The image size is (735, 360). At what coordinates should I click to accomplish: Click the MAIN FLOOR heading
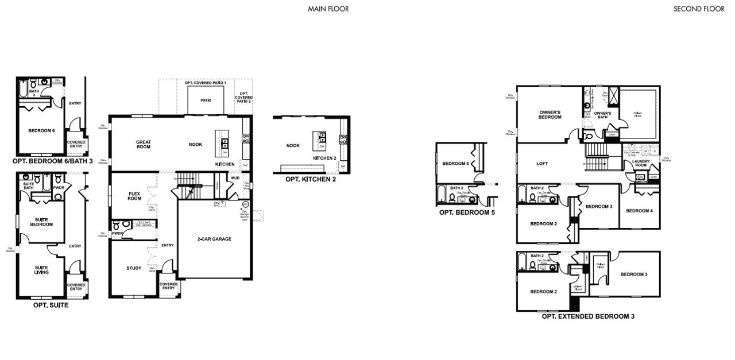(328, 9)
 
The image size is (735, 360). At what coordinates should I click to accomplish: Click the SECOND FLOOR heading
(699, 9)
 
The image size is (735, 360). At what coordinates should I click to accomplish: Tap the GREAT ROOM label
(143, 144)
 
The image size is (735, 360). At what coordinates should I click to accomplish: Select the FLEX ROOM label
(134, 196)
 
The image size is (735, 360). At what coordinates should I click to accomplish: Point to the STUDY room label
(134, 268)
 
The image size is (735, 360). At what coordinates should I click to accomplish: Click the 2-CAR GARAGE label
(214, 238)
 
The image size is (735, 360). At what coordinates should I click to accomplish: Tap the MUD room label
(235, 178)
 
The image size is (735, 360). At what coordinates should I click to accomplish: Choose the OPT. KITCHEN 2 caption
(310, 179)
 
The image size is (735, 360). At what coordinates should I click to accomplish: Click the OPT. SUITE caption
(51, 305)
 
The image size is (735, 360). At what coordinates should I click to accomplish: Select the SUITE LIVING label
(41, 270)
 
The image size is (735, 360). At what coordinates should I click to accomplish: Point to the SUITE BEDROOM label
(41, 222)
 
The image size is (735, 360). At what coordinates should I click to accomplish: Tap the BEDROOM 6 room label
(41, 131)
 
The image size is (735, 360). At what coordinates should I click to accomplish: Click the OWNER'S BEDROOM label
(550, 114)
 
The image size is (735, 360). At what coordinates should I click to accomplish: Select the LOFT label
(541, 164)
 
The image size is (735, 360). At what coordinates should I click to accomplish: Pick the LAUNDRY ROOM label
(641, 164)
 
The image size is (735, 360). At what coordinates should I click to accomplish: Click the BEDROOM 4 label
(639, 211)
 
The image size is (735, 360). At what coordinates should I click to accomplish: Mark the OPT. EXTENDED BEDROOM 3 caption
(588, 316)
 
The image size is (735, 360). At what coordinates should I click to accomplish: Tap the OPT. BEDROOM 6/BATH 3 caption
(52, 161)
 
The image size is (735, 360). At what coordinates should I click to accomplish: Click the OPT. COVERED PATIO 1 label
(206, 83)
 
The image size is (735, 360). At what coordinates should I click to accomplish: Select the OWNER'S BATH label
(602, 114)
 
